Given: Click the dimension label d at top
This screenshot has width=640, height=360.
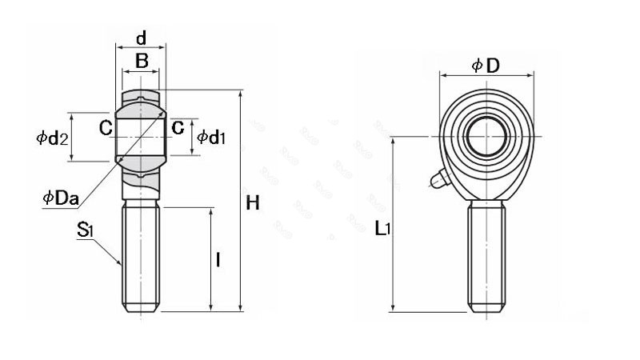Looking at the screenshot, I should [x=141, y=38].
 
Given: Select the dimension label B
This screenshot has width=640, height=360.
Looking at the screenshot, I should [x=141, y=60].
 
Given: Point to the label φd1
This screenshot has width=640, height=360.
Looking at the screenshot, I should [x=211, y=138].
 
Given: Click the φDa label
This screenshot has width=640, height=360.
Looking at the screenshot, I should [x=60, y=198].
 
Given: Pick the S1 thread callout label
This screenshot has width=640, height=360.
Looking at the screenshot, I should [x=86, y=231].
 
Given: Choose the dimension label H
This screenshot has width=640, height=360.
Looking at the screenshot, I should [x=253, y=203].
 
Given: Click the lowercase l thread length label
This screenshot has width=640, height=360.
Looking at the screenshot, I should [x=218, y=259].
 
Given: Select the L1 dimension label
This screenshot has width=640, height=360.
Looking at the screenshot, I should [x=382, y=229].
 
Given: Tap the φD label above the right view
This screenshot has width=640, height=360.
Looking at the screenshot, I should [x=486, y=66].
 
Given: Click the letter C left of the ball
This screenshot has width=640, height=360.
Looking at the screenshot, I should [x=105, y=127].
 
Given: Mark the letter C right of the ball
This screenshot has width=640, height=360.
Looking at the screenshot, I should [x=178, y=127].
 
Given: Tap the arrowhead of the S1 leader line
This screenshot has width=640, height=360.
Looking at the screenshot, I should [x=121, y=263].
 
